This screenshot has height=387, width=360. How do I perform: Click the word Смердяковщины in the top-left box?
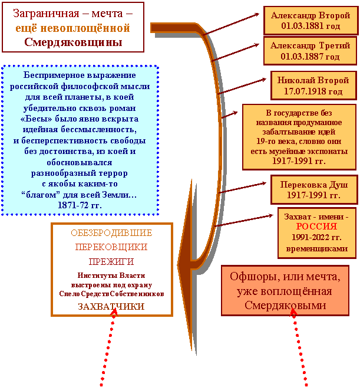73,42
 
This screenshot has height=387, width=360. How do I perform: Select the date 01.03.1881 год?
311,26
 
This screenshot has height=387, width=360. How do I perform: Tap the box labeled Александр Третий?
310,51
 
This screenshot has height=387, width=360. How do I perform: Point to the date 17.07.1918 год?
313,91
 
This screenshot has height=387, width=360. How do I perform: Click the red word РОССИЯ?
316,227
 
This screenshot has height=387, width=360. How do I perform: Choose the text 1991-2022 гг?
316,237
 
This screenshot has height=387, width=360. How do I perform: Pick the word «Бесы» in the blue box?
37,119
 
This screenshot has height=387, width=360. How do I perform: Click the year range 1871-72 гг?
80,205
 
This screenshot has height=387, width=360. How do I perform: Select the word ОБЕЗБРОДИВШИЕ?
111,233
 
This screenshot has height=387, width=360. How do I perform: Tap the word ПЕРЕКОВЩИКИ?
111,247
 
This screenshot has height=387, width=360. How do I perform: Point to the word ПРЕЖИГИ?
111,261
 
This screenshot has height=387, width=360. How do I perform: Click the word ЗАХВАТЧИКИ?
111,307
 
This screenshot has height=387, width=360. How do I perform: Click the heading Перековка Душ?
314,185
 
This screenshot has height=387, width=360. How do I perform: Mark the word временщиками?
317,248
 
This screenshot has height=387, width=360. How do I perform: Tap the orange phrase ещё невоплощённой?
72,28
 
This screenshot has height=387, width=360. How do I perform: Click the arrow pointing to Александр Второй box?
231,24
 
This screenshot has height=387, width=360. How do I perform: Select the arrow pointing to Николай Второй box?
242,86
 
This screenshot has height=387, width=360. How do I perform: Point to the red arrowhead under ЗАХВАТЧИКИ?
114,312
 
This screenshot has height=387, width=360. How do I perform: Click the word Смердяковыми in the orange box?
285,306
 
